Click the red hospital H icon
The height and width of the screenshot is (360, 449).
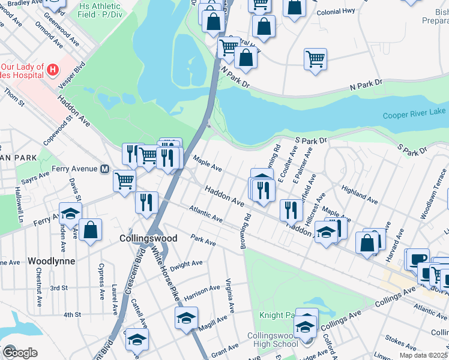53,71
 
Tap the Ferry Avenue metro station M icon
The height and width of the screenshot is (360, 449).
104,169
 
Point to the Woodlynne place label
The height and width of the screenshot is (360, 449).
51,262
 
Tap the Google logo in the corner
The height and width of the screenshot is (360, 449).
19,352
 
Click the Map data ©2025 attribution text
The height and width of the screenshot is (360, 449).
423,355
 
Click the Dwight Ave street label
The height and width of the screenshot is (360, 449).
186,265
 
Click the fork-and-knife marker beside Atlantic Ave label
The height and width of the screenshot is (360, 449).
146,202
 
